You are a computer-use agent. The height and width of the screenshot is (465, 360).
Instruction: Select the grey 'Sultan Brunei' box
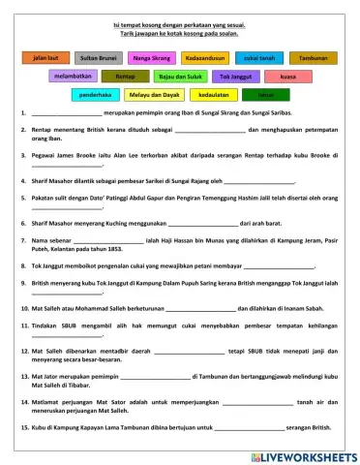[x=100, y=58]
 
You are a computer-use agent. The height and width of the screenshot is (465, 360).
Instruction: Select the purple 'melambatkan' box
[x=74, y=76]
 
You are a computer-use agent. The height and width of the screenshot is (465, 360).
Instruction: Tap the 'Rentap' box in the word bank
[x=125, y=76]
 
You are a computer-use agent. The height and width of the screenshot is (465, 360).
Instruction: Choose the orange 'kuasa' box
[x=286, y=76]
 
